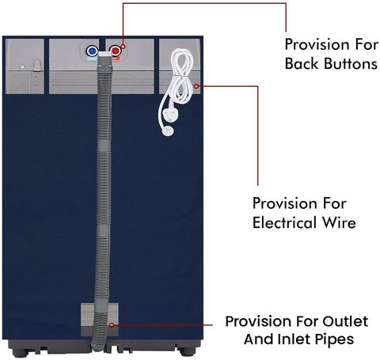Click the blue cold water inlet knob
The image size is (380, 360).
[92, 50]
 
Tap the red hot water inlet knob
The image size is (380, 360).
[116, 50]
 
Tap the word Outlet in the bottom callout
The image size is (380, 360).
[345, 321]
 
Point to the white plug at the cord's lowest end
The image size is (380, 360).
[169, 131]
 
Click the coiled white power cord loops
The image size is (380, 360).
[179, 77]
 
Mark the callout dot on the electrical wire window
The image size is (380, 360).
[196, 86]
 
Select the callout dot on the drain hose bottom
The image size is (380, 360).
[112, 325]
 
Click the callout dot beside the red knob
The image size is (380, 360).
[123, 47]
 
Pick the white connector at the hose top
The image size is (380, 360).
[105, 55]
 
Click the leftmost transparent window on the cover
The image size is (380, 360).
[25, 66]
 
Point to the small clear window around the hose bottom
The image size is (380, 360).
[100, 320]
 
